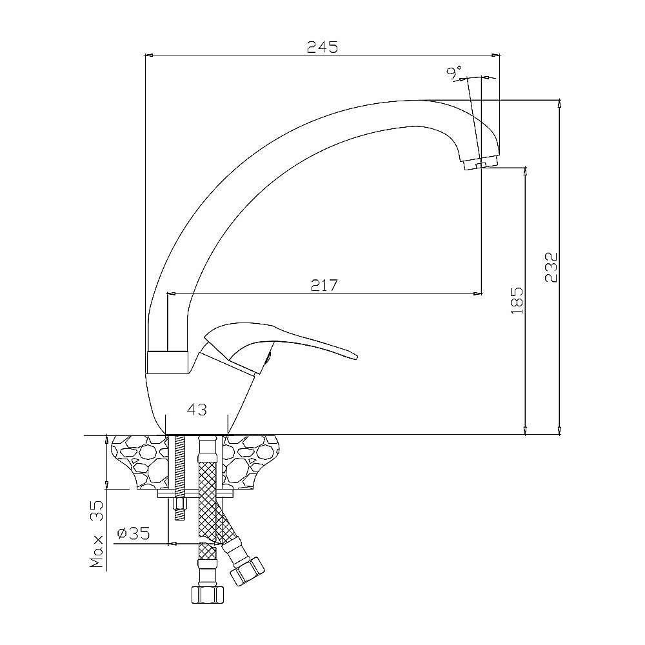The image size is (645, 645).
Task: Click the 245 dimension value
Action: [x=322, y=47]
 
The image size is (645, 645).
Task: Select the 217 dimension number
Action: [x=324, y=285]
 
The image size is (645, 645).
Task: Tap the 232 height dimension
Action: [x=551, y=268]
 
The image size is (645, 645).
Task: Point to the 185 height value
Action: [x=517, y=301]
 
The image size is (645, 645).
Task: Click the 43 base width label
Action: [x=197, y=410]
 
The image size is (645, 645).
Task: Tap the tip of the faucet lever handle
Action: [x=357, y=357]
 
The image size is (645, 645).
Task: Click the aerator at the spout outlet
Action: [x=481, y=163]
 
